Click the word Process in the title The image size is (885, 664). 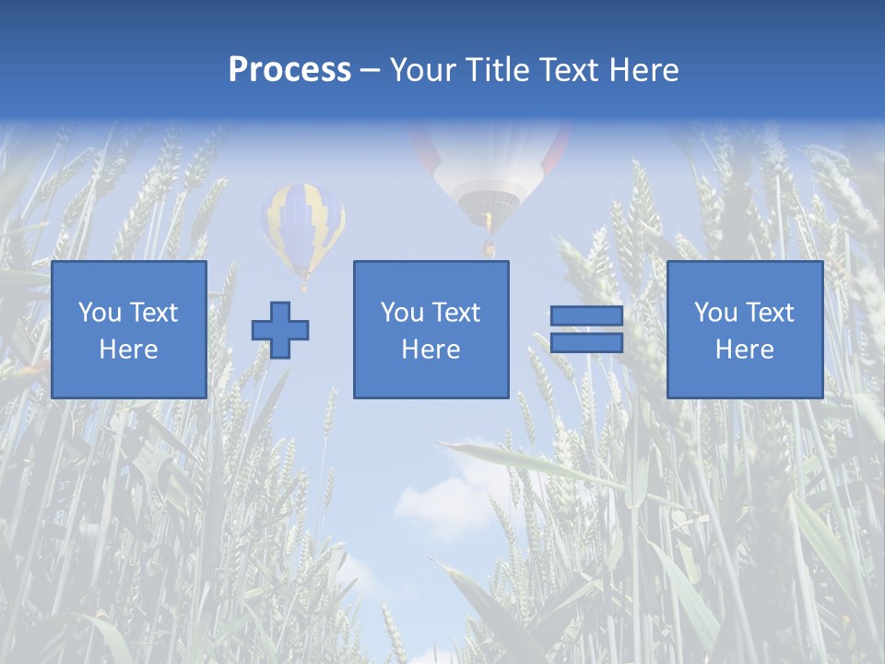pyautogui.click(x=289, y=70)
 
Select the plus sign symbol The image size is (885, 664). pyautogui.click(x=280, y=329)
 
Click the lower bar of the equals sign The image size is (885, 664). pyautogui.click(x=586, y=343)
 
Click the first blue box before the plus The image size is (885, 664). pyautogui.click(x=128, y=329)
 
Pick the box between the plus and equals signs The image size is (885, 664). pyautogui.click(x=431, y=329)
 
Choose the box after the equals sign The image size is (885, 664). pyautogui.click(x=744, y=329)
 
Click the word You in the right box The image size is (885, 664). pyautogui.click(x=715, y=313)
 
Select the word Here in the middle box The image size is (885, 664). pyautogui.click(x=431, y=350)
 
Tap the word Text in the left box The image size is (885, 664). pyautogui.click(x=153, y=313)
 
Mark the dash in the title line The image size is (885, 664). pyautogui.click(x=370, y=71)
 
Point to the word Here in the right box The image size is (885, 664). pyautogui.click(x=744, y=350)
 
